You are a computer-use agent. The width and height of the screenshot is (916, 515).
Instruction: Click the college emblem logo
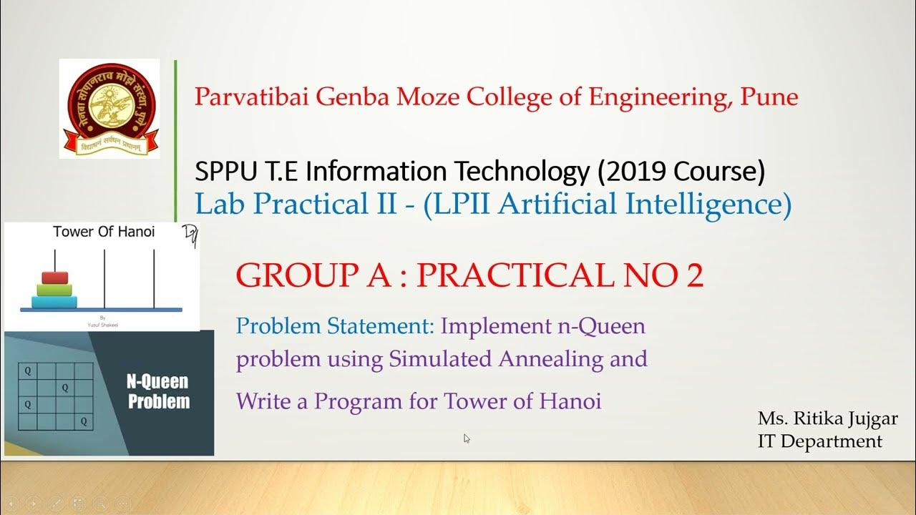coord(109,109)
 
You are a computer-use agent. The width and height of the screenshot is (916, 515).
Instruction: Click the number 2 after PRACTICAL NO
coord(694,275)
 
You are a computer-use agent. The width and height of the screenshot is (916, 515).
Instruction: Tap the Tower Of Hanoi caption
coord(104,232)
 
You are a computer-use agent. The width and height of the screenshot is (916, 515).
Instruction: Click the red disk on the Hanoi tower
coord(54,277)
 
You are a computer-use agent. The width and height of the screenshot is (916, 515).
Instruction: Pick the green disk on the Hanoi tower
coord(54,289)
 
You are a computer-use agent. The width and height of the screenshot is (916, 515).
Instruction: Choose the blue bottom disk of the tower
coord(54,301)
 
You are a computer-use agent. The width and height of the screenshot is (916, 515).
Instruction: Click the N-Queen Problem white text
coord(158,391)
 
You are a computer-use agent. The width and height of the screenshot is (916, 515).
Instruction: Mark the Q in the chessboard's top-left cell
coord(27,371)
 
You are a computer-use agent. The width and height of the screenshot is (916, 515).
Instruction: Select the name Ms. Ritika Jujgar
coord(827,418)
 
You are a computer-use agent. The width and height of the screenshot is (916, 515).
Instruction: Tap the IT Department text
coord(819,441)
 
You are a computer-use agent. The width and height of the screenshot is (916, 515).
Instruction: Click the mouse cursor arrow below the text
coord(467,438)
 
